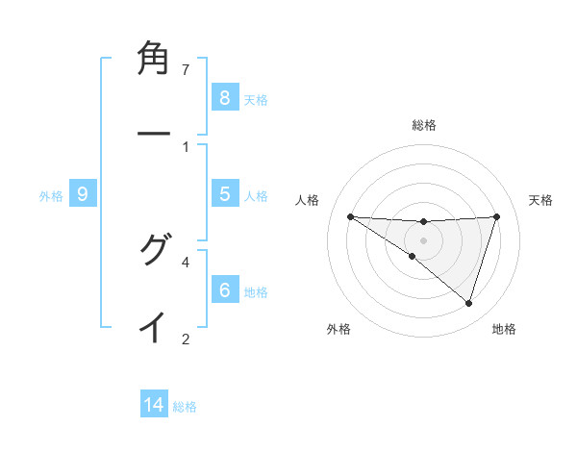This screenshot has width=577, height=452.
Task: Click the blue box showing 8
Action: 224,97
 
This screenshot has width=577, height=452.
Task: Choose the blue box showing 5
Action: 224,193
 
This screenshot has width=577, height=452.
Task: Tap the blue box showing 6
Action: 224,289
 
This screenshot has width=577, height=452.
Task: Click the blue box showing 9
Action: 83,194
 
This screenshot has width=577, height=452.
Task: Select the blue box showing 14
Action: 154,405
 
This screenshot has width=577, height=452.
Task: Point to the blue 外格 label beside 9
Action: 51,196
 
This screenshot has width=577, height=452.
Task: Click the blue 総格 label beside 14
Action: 185,407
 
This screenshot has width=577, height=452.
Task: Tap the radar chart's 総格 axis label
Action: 423,125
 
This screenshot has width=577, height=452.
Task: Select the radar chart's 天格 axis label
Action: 541,200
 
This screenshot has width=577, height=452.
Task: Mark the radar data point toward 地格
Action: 468,303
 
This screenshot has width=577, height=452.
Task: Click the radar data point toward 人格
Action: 350,216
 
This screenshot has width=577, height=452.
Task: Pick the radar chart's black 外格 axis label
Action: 339,329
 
